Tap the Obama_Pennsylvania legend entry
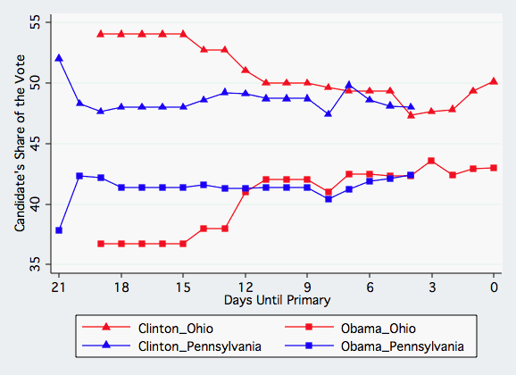pos(405,346)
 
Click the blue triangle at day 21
pos(59,58)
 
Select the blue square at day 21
pos(59,230)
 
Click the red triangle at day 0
pos(494,81)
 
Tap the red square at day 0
pos(494,168)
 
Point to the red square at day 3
pos(431,161)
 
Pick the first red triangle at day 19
pos(100,34)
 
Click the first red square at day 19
pos(100,244)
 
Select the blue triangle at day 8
pos(329,114)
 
